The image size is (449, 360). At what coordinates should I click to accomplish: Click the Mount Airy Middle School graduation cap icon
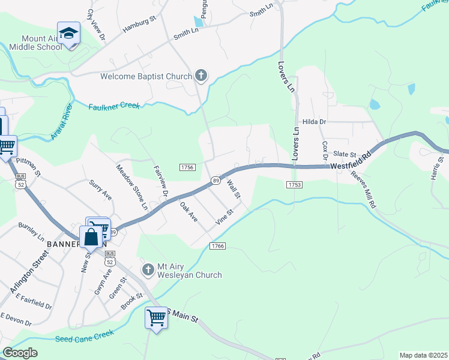coord(69,34)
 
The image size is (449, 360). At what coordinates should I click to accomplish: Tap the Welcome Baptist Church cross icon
coord(201,76)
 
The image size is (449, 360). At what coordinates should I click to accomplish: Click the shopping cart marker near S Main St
coord(156,317)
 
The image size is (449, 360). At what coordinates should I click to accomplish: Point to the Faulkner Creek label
coord(114,106)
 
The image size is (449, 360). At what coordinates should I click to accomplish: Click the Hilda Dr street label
coord(313,122)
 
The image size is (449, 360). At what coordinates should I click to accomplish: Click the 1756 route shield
coord(187,168)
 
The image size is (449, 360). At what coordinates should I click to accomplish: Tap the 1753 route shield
coord(294,185)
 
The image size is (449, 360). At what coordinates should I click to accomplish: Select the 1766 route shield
coord(217,246)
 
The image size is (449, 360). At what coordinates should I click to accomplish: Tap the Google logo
coord(20,353)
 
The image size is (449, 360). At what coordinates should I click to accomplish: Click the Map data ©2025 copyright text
coord(423,355)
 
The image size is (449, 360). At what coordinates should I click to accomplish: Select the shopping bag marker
coord(91,236)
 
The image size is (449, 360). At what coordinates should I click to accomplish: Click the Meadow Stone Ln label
coord(132,187)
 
